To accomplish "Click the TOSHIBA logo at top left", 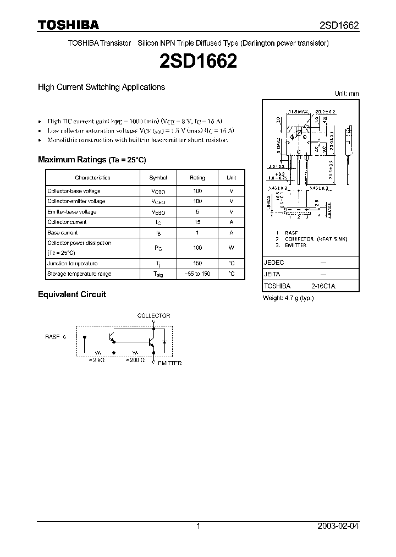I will [68, 25].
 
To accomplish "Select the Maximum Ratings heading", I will [92, 160].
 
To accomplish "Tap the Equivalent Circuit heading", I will [71, 294].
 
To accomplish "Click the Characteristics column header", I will [92, 178].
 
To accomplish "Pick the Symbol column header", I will [158, 178].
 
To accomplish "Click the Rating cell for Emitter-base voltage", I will [197, 212].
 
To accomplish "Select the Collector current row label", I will [67, 222].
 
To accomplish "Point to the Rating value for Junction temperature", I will [197, 264].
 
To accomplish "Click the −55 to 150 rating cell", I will [197, 274].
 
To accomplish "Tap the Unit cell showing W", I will [232, 248].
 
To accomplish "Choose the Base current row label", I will [63, 233].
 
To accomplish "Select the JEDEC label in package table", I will [274, 263].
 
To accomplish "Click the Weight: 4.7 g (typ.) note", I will [289, 298].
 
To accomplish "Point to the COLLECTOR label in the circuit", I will [153, 316].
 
